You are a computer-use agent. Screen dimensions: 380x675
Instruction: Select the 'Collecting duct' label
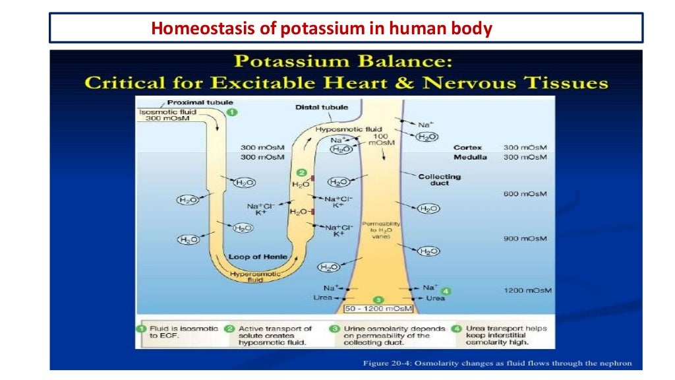(439, 179)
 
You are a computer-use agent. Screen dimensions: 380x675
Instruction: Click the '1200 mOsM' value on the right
(527, 290)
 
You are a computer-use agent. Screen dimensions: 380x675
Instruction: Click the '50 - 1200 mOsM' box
(378, 309)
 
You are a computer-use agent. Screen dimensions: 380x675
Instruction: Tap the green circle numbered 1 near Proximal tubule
(232, 112)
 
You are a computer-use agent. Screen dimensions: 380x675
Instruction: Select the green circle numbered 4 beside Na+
(446, 290)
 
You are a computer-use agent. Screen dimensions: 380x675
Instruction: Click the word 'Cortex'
(468, 148)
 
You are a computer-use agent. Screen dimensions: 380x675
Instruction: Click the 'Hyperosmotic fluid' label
(255, 276)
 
